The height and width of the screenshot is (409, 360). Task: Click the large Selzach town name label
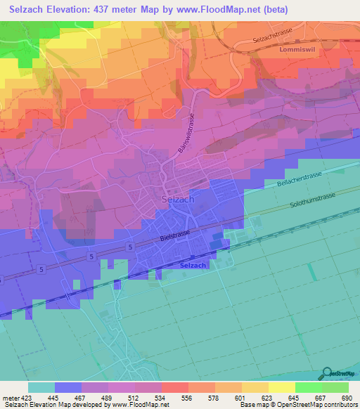pos(177,199)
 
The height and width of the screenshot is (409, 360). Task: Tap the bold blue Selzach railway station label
pos(193,265)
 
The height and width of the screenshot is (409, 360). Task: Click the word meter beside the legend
pos(8,396)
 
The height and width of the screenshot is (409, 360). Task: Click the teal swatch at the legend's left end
pos(41,387)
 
